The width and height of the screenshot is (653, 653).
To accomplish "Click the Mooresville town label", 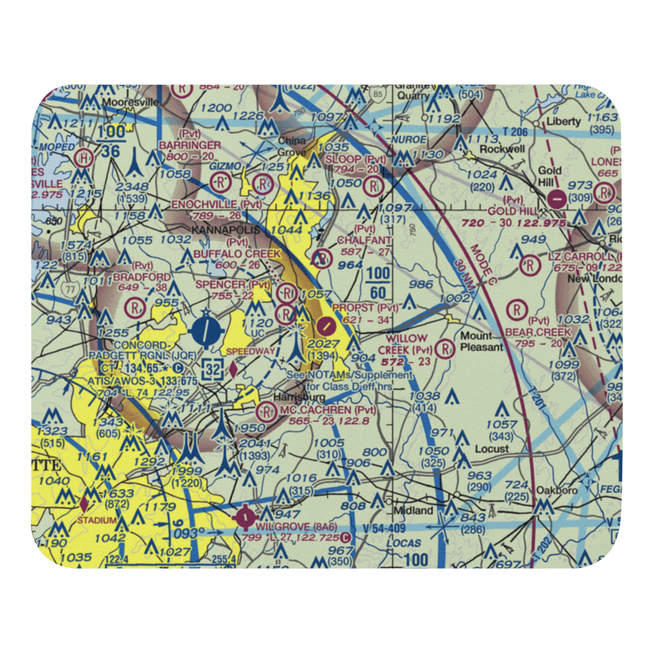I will tap(129, 103).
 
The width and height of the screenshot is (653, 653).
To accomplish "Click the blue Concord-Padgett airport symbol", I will tap(206, 328).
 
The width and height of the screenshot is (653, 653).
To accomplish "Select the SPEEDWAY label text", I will tap(250, 351).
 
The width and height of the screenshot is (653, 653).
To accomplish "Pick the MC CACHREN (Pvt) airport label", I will tap(328, 410).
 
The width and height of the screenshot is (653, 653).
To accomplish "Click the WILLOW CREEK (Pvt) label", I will tap(406, 344).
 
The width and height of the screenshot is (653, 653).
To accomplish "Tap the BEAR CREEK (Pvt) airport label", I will tap(538, 332).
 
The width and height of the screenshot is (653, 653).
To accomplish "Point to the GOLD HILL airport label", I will tap(512, 212).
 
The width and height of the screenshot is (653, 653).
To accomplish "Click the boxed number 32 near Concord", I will tap(212, 368).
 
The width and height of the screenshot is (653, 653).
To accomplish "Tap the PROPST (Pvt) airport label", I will tap(365, 307).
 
